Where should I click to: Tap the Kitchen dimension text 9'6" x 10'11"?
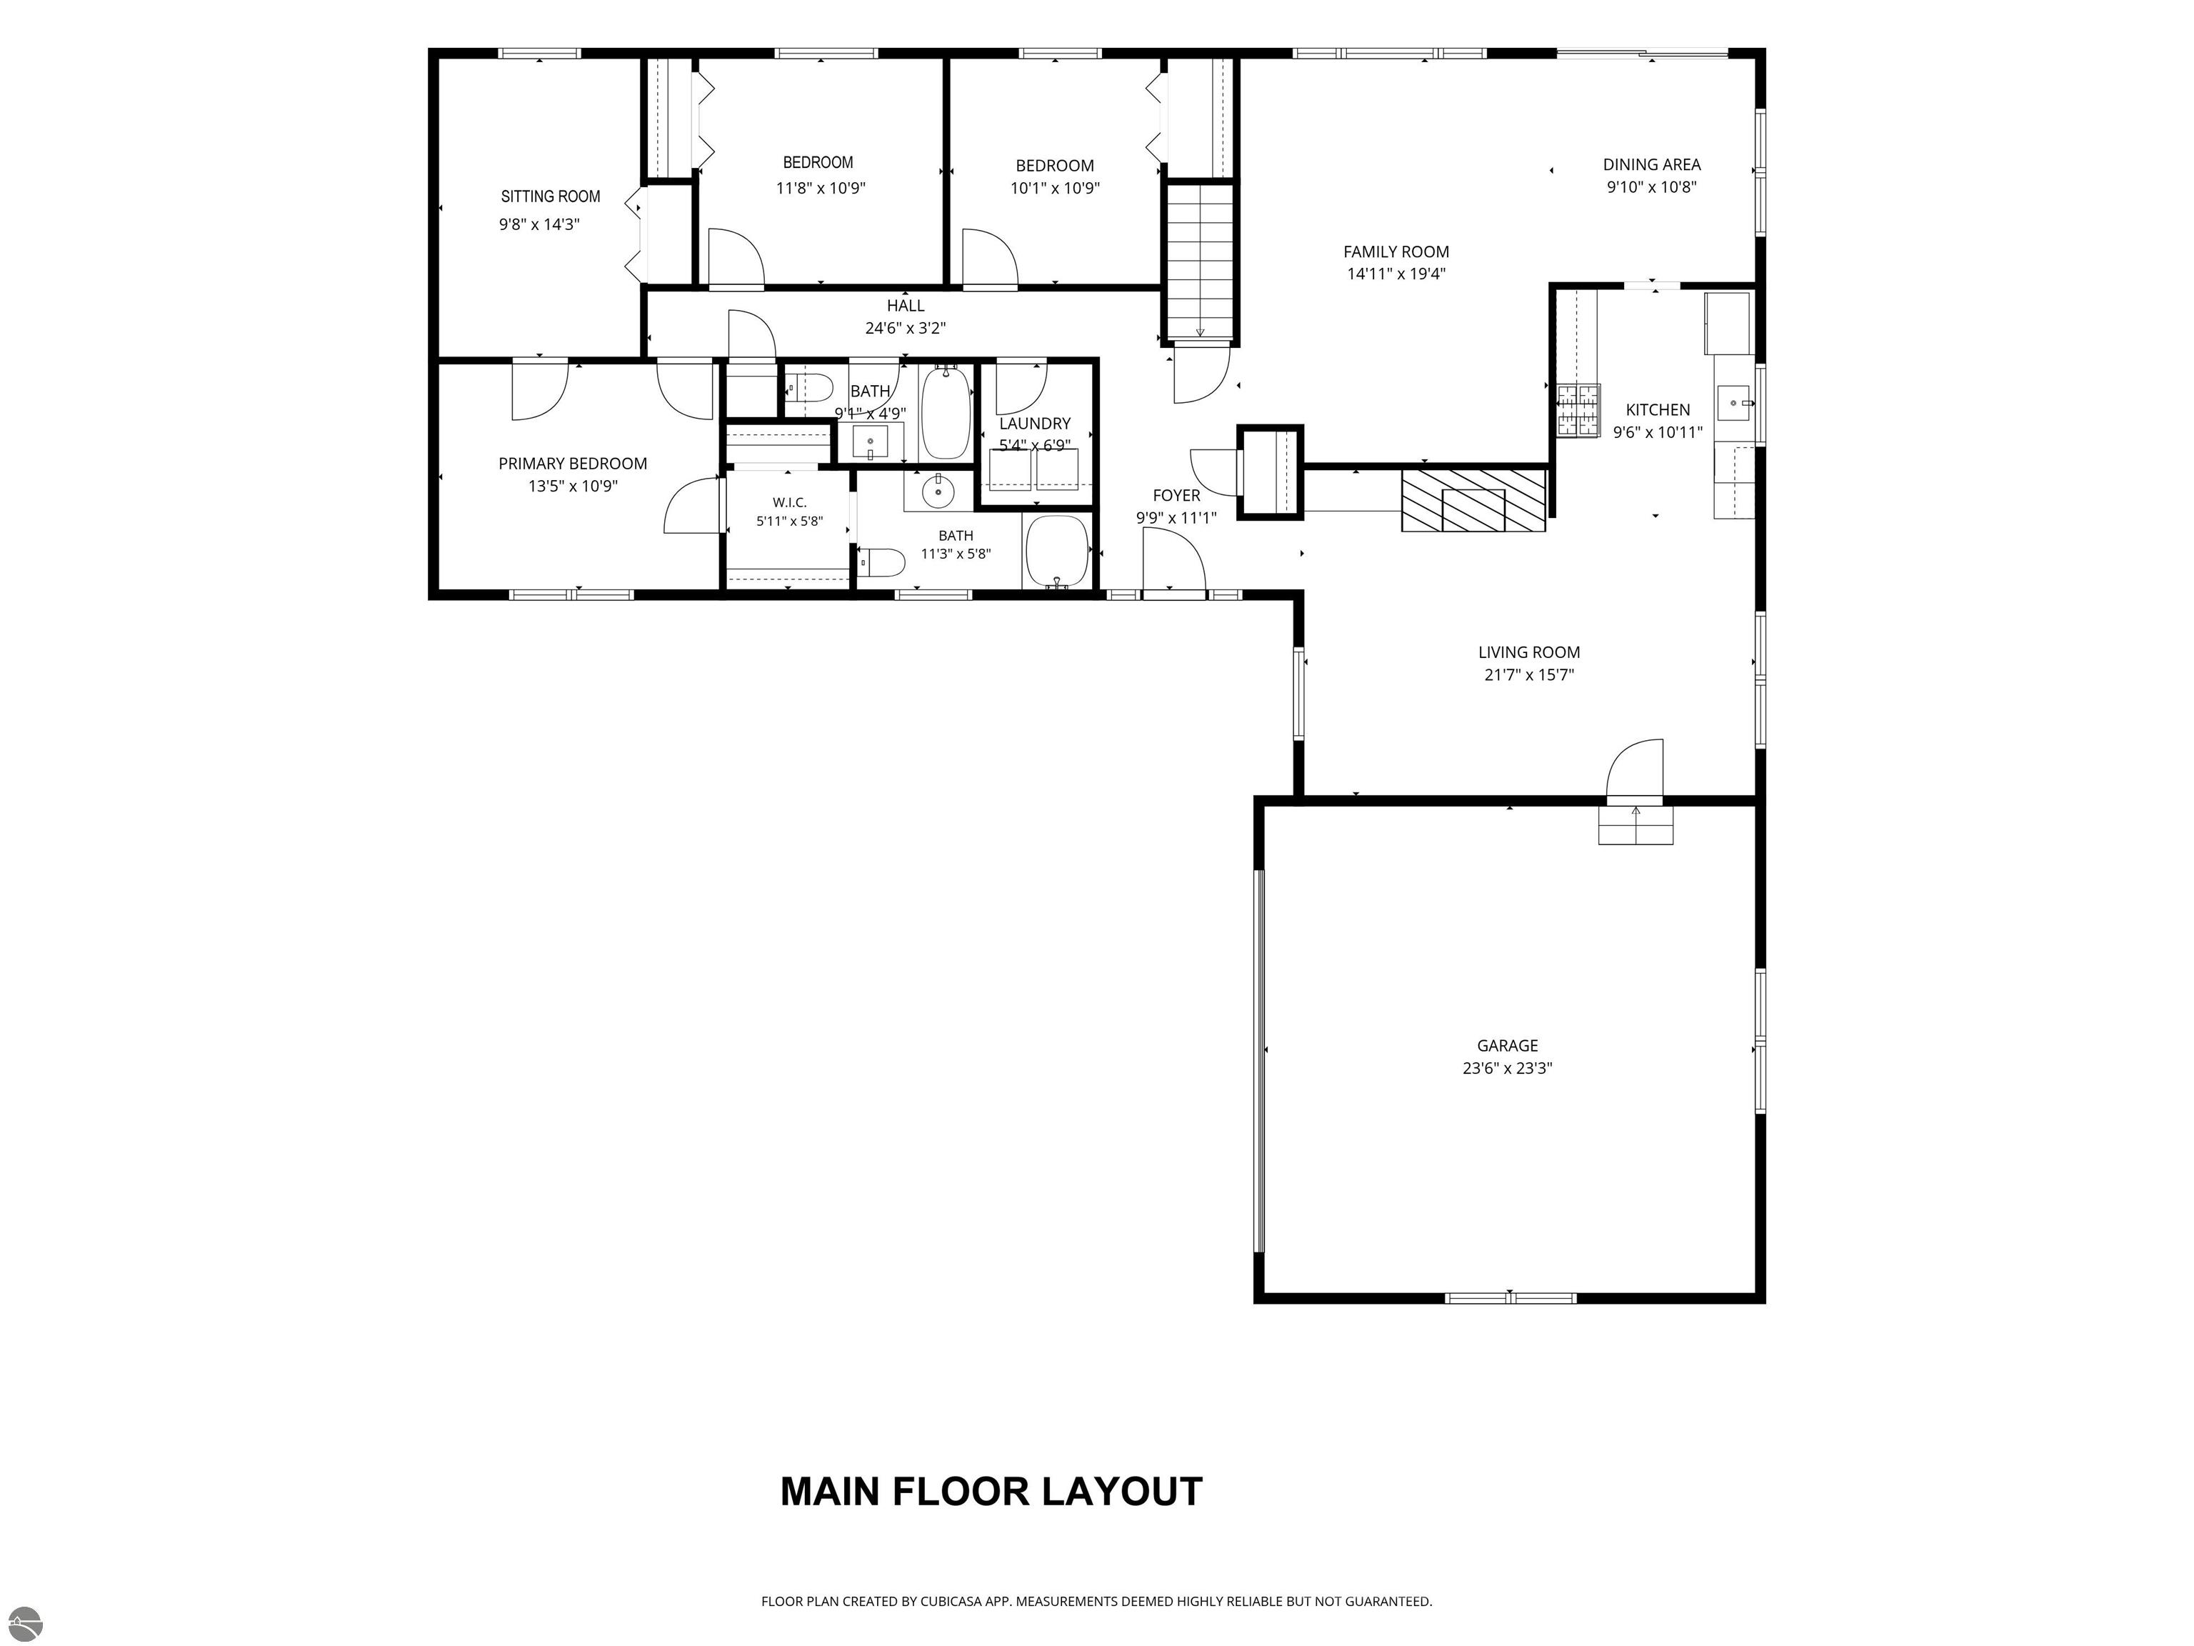[x=1658, y=433]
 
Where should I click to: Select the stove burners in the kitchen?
[x=1578, y=411]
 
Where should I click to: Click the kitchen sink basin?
[x=1735, y=404]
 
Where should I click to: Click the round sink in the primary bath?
[x=936, y=490]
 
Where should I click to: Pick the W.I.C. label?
[x=789, y=503]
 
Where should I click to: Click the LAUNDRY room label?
[x=1035, y=424]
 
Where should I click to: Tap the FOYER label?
[x=1176, y=495]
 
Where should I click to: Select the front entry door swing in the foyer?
[x=1174, y=562]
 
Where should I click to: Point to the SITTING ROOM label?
[x=551, y=196]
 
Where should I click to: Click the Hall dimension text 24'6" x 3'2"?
[x=906, y=329]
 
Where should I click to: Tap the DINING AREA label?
[x=1651, y=165]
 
